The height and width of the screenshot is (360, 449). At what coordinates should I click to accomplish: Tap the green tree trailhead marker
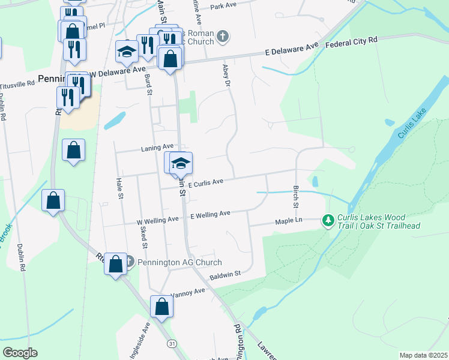(328, 221)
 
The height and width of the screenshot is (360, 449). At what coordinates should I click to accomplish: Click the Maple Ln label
(288, 221)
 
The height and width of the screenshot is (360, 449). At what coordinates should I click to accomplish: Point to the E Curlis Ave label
(205, 182)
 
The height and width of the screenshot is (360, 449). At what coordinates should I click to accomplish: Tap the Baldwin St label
(224, 275)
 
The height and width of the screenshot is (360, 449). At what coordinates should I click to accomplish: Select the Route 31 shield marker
(173, 343)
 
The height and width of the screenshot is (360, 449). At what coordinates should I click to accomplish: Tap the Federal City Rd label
(352, 43)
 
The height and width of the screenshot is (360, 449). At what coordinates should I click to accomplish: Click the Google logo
(20, 353)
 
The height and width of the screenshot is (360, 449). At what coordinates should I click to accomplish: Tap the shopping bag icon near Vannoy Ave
(161, 307)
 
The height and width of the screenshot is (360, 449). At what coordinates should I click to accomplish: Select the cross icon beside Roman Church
(223, 37)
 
